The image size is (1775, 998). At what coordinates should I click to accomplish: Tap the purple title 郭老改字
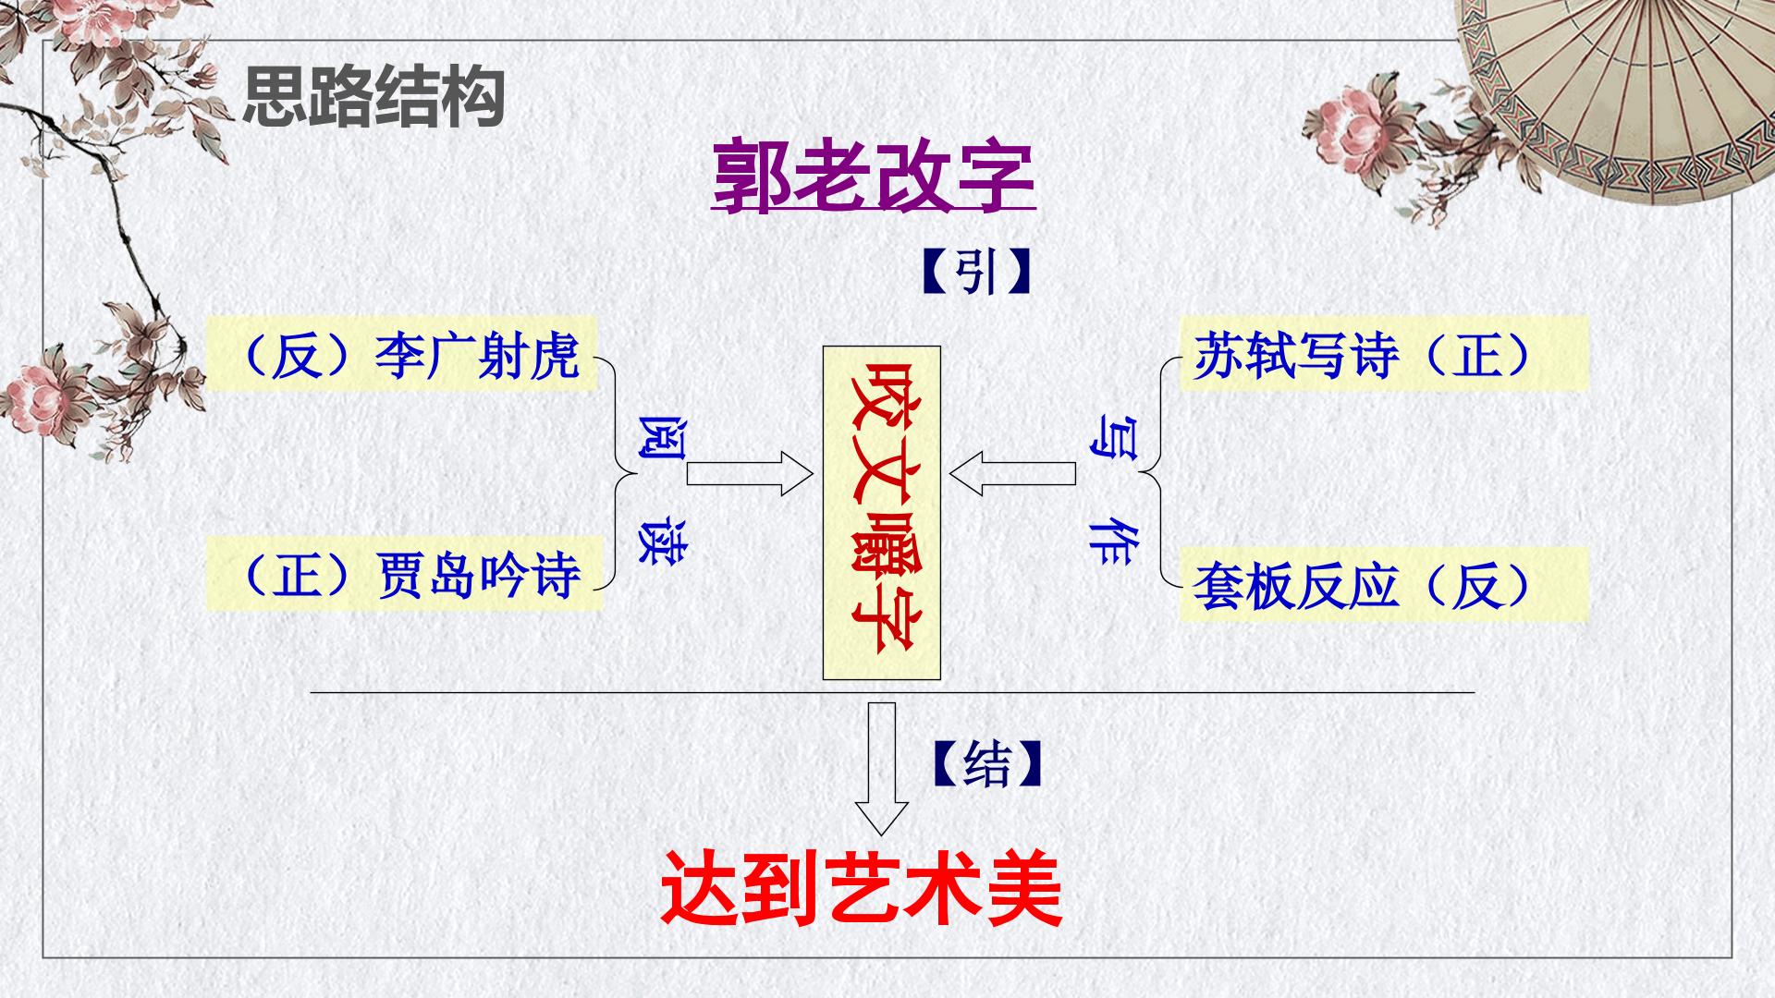[x=874, y=176]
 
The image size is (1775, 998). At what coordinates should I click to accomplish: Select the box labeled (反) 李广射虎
[x=400, y=355]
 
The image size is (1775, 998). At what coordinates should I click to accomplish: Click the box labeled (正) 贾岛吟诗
[x=404, y=573]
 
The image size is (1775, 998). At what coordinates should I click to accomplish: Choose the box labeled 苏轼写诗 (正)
[x=1384, y=353]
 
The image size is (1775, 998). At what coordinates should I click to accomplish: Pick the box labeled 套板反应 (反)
[x=1384, y=584]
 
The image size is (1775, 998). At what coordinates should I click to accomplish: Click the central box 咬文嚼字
[x=882, y=513]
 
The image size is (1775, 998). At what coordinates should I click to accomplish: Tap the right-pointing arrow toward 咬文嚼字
[x=750, y=474]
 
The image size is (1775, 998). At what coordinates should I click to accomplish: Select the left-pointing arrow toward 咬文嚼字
[x=1012, y=474]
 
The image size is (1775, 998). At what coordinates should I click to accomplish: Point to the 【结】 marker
[x=987, y=765]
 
